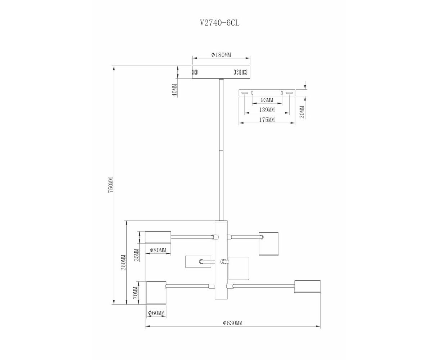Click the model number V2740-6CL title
[x=220, y=23]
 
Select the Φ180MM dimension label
[x=221, y=55]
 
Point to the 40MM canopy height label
[x=174, y=90]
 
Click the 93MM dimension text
[x=267, y=100]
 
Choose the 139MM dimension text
[x=267, y=110]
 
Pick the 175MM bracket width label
[x=267, y=120]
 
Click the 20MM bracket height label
[x=302, y=112]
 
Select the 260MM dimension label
[x=123, y=262]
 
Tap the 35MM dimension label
[x=136, y=255]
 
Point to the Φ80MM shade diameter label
[x=158, y=250]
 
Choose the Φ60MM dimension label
[x=156, y=313]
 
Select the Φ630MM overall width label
[x=233, y=323]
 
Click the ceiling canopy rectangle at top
[x=221, y=72]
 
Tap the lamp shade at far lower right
[x=307, y=287]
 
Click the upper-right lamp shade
[x=268, y=243]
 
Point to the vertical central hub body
[x=221, y=260]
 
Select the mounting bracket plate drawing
[x=267, y=93]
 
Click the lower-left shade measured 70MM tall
[x=156, y=293]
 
